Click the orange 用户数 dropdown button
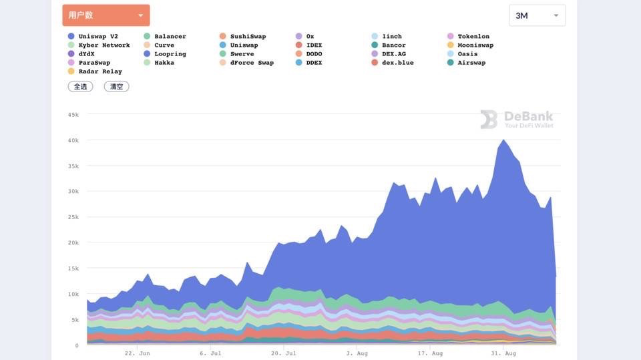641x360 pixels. point(105,15)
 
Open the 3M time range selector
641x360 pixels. point(537,15)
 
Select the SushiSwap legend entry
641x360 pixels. point(247,37)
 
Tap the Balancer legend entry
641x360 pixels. point(170,37)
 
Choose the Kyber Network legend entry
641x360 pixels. point(103,45)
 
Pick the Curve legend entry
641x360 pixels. point(164,45)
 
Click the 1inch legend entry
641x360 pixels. point(391,37)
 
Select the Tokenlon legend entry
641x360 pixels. point(473,37)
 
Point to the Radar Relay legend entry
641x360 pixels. point(99,71)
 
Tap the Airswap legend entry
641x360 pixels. point(471,63)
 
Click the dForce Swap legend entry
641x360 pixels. point(251,63)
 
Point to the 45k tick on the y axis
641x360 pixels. point(73,114)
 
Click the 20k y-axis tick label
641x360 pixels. point(73,243)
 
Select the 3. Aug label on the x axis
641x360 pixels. point(357,353)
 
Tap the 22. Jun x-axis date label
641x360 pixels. point(137,353)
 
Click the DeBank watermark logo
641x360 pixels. point(517,120)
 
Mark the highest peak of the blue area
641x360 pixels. point(503,140)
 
